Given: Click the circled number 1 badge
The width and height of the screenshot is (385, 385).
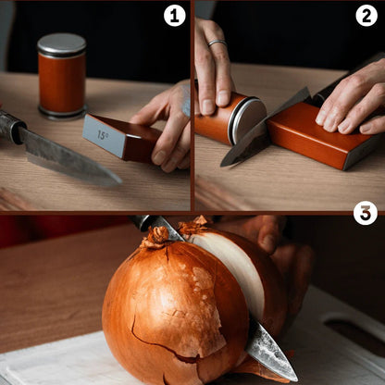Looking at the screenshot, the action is tap(175, 16).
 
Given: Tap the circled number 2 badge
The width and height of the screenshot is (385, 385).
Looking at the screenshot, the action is tap(366, 16).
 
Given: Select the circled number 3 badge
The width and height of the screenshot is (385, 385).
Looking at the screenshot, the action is tap(366, 213).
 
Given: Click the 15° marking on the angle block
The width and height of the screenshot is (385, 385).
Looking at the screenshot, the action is tap(103, 135).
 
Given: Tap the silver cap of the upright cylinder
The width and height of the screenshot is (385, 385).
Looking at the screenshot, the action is tap(62, 45).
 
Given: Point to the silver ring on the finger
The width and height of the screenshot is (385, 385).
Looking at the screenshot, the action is tap(217, 43).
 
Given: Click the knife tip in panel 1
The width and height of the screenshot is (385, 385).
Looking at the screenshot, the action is tap(120, 181).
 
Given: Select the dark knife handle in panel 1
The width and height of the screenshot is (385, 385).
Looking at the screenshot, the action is tap(12, 126).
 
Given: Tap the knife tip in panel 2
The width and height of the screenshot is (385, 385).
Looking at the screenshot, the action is tap(222, 166).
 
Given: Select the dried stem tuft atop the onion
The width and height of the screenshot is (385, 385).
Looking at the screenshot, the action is tap(156, 237).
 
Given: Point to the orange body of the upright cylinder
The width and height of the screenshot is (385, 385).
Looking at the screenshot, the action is tap(62, 82).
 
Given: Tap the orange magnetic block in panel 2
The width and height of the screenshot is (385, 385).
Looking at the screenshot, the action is tap(322, 136).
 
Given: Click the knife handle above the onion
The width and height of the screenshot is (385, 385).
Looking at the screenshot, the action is tap(142, 222).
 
